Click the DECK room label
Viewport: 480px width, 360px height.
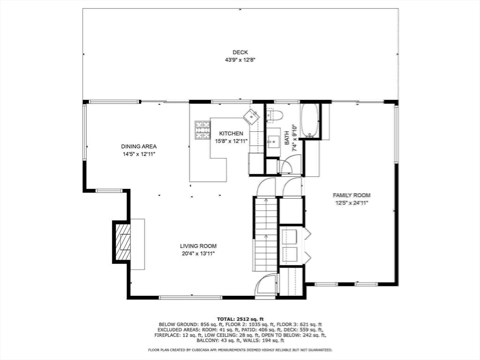[240, 52]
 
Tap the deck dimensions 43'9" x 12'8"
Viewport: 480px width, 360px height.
[240, 60]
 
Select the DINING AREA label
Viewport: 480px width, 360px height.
[138, 146]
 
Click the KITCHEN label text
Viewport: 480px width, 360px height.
[231, 134]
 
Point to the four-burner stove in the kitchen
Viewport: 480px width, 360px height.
[202, 130]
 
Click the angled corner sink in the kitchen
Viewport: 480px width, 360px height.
[252, 116]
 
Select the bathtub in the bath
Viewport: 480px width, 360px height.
[310, 120]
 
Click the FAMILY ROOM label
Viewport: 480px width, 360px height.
[352, 195]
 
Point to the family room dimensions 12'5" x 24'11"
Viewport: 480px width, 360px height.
[352, 203]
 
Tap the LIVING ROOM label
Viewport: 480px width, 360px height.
[198, 246]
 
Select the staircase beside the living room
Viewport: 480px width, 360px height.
[266, 233]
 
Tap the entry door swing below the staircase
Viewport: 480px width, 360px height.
[266, 285]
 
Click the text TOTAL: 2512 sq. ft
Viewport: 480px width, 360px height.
[240, 319]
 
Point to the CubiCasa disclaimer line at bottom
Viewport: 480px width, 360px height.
[240, 350]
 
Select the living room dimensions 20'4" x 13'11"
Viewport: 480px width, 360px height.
[198, 253]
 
